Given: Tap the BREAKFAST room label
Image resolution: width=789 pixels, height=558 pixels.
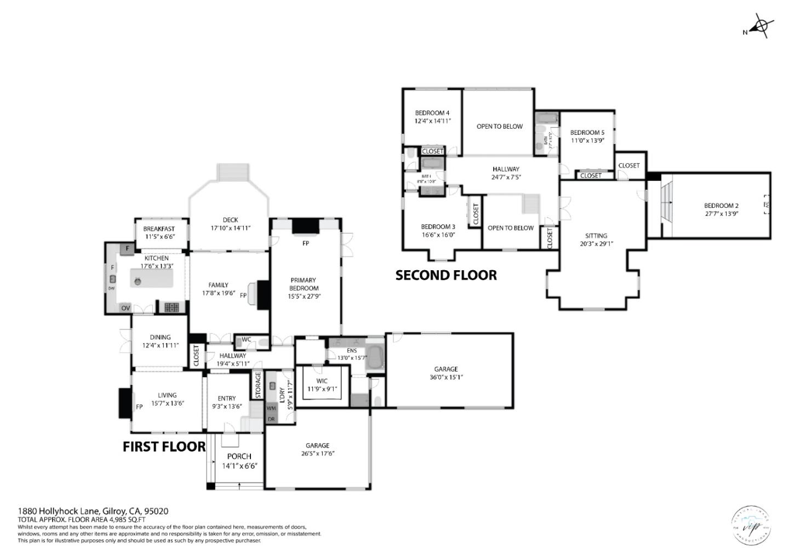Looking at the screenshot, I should pyautogui.click(x=159, y=229).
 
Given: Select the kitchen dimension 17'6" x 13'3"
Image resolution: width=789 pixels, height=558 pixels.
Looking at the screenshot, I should pyautogui.click(x=157, y=266).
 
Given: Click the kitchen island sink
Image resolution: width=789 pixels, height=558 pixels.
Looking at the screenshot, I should pyautogui.click(x=137, y=282).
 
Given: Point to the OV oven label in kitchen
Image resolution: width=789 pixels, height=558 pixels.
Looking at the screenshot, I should pyautogui.click(x=125, y=308).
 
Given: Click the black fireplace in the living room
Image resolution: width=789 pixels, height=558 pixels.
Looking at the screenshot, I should pyautogui.click(x=124, y=402).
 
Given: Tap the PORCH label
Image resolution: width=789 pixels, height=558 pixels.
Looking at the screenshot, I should pyautogui.click(x=239, y=456).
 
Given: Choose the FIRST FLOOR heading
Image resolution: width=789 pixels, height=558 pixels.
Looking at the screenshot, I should pyautogui.click(x=164, y=447).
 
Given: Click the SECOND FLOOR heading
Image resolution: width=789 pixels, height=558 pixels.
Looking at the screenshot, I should pyautogui.click(x=446, y=275).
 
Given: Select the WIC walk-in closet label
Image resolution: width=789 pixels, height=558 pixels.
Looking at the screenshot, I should pyautogui.click(x=322, y=381).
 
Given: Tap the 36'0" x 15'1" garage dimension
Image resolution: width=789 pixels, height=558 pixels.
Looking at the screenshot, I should pyautogui.click(x=445, y=377).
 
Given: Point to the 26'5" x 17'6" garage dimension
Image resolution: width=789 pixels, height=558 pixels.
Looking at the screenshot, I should pyautogui.click(x=317, y=453).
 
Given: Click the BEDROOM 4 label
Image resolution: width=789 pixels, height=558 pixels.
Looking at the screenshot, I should pyautogui.click(x=432, y=113).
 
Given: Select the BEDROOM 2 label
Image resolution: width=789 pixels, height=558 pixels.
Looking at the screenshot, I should pyautogui.click(x=721, y=206).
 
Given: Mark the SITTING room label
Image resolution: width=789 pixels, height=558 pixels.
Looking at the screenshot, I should pyautogui.click(x=596, y=236).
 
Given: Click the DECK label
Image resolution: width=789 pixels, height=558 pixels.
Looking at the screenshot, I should pyautogui.click(x=230, y=220).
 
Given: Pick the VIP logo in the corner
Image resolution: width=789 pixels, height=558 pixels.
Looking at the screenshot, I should pyautogui.click(x=751, y=525).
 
